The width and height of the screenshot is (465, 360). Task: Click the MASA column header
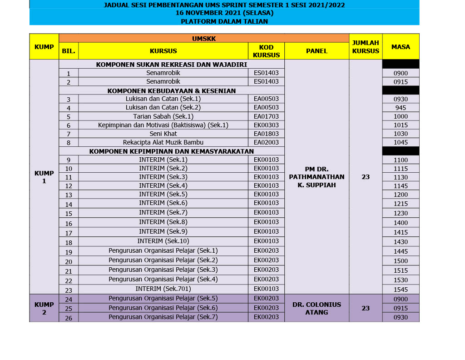pos(400,47)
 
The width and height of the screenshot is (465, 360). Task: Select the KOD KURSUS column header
pos(266,51)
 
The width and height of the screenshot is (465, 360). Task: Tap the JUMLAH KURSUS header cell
pos(366,47)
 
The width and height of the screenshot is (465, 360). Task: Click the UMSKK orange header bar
pos(204,39)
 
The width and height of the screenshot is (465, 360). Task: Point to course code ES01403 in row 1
pos(266,73)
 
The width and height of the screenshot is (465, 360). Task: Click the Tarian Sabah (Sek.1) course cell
pos(163,116)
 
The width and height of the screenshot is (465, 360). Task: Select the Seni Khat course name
pos(163,134)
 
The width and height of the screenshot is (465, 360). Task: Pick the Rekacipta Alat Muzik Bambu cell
pos(163,142)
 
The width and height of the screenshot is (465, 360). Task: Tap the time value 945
pos(401,108)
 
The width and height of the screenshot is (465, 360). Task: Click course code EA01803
pos(266,134)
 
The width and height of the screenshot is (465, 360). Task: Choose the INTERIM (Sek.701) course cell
pos(163,289)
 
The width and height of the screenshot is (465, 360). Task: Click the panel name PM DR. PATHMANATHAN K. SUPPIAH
pos(317,177)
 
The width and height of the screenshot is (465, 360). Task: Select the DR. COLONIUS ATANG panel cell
pos(317,308)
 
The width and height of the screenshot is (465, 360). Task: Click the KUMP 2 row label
pos(44,308)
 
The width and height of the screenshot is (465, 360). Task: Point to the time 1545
pos(401,289)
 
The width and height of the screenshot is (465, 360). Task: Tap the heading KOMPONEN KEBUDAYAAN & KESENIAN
pos(172,90)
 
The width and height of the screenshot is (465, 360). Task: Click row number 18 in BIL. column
pos(69,243)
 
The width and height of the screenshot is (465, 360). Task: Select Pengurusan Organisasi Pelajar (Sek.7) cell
pos(163,317)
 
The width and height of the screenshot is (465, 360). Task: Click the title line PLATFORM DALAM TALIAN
pos(224,21)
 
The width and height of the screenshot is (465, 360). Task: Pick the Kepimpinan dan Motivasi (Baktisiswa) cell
pos(163,125)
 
